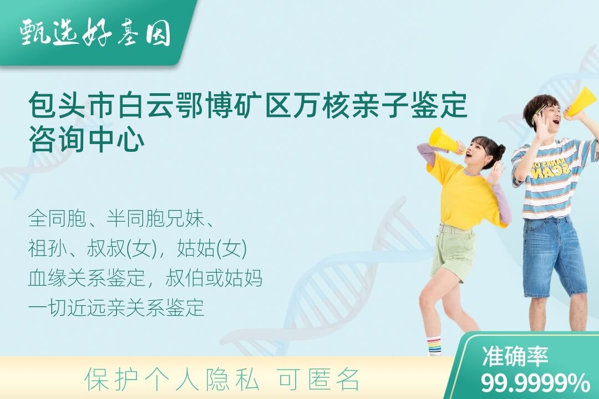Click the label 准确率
(x=515, y=356)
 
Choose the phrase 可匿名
(x=319, y=379)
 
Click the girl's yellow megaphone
(x=445, y=141)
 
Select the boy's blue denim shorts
(x=554, y=257)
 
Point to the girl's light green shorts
(x=454, y=250)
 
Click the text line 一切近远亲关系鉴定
(x=116, y=308)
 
